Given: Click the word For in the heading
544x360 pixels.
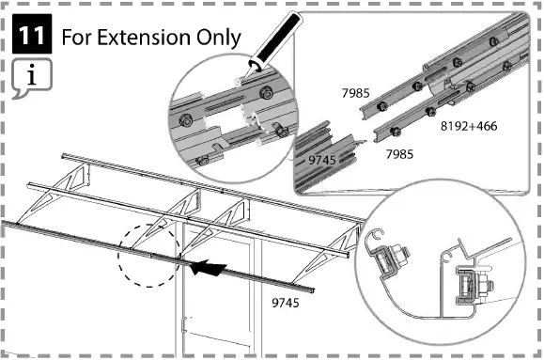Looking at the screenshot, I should (x=75, y=39).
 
